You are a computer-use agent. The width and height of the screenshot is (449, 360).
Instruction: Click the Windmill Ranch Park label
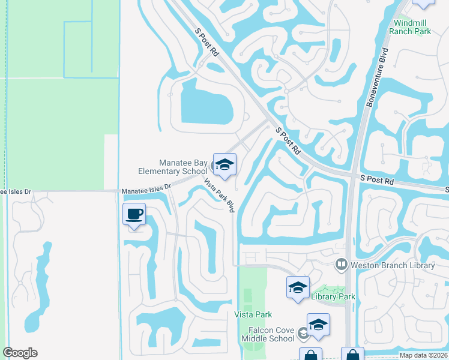(x=411, y=27)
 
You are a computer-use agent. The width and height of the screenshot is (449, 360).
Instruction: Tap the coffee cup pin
(x=134, y=214)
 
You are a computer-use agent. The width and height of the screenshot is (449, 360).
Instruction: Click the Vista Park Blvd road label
(x=218, y=196)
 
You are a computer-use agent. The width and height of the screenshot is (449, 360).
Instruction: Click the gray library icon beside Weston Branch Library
(x=342, y=264)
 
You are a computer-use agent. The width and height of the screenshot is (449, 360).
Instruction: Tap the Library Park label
(x=333, y=296)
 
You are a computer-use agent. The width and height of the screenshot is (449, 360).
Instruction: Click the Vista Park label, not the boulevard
(x=253, y=314)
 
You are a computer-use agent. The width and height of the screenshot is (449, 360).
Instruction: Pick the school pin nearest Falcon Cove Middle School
(x=318, y=325)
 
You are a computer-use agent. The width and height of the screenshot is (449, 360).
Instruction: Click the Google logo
(x=20, y=353)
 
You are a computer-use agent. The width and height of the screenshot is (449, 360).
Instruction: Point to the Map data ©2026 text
(x=424, y=355)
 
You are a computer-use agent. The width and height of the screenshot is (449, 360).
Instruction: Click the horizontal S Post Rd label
(x=377, y=179)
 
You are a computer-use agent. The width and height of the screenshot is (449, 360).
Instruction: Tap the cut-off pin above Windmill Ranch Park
(x=424, y=3)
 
